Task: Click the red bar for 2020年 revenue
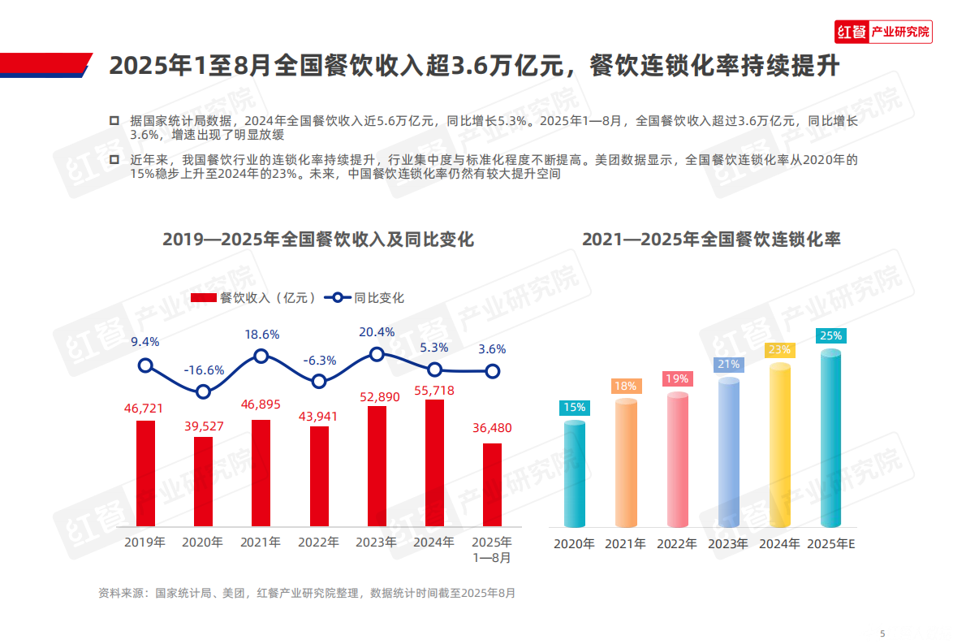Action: coord(203,482)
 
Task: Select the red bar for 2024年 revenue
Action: coord(435,463)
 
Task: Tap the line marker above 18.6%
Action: coord(261,356)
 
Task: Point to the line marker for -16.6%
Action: coord(203,391)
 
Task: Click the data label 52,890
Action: coord(377,396)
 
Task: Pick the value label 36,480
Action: coord(493,428)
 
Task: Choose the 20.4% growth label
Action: coord(377,332)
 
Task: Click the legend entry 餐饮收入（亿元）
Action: coord(254,298)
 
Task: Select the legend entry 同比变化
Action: coord(364,298)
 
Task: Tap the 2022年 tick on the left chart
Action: coord(319,542)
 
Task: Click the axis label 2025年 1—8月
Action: coord(493,550)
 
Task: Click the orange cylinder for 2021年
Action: coord(625,463)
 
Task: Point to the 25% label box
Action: coord(830,335)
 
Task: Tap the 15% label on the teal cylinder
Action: coord(575,408)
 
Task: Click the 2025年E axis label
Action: coord(831,544)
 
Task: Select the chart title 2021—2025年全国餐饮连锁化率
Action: coord(711,240)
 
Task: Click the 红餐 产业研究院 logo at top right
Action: coord(882,32)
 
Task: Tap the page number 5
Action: coord(883,633)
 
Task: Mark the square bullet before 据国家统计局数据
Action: coord(114,120)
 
